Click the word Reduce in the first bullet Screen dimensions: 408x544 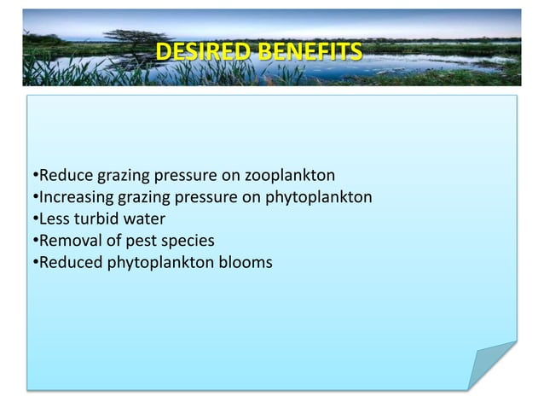tap(65, 177)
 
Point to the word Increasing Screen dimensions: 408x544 tap(75, 198)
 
